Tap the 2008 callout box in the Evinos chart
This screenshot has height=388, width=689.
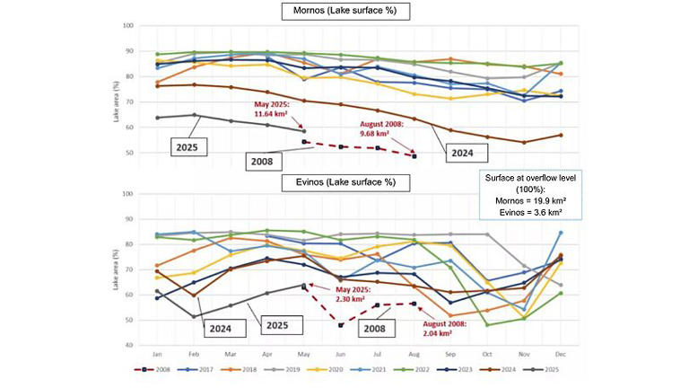click(x=363, y=330)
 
